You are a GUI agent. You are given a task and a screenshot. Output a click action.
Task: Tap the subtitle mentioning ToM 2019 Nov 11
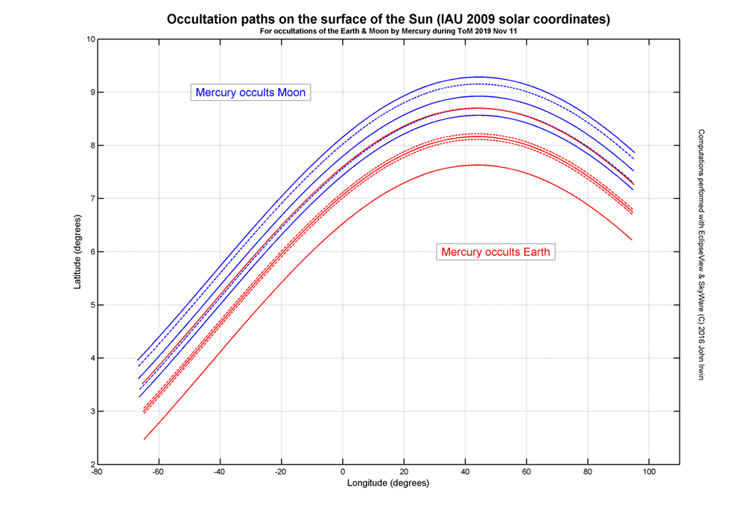[387, 31]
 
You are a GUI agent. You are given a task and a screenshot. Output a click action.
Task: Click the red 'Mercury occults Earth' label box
[495, 252]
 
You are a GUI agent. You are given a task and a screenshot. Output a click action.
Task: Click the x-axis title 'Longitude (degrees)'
[388, 483]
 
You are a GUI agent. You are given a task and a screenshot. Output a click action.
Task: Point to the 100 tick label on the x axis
[649, 473]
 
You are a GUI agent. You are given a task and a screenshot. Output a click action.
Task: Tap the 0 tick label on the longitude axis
[343, 473]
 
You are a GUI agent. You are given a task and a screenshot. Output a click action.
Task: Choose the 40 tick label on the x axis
[465, 473]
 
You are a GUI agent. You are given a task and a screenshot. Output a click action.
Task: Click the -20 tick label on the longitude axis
[280, 473]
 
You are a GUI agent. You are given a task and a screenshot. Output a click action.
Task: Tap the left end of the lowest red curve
[145, 439]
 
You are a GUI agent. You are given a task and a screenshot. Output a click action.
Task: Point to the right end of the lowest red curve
[633, 240]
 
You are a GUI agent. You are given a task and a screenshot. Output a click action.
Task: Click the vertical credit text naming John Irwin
[701, 254]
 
